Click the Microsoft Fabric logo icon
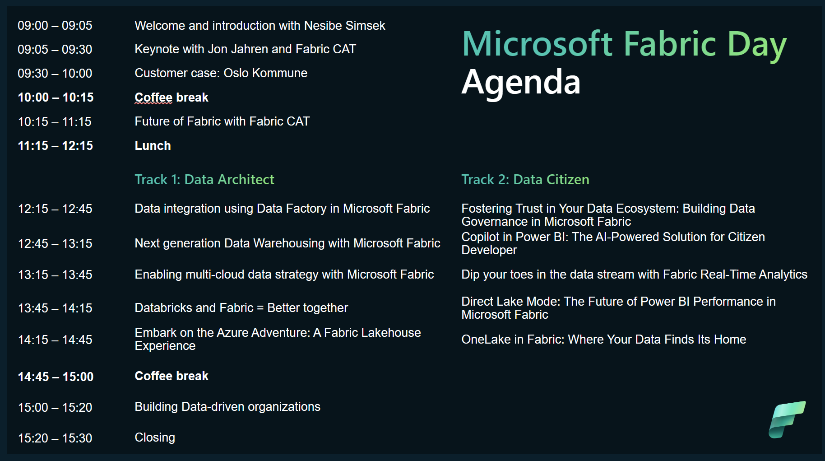tap(787, 419)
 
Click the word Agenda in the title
tap(521, 82)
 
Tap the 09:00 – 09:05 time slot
tap(55, 26)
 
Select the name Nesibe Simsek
tap(345, 26)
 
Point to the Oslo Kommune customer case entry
tap(221, 73)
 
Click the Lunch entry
tap(153, 146)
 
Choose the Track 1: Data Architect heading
tap(204, 179)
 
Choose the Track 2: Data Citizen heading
tap(525, 179)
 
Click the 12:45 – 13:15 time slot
tap(55, 244)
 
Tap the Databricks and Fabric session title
tap(241, 308)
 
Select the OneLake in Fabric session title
tap(604, 340)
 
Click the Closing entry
tap(155, 438)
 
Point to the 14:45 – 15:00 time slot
tap(56, 377)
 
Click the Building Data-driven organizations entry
tap(227, 407)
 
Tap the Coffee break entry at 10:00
tap(171, 98)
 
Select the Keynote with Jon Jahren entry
tap(246, 49)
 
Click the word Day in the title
tap(757, 45)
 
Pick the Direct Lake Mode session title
tap(619, 308)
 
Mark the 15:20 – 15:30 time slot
tap(55, 438)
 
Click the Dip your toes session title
tap(635, 275)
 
